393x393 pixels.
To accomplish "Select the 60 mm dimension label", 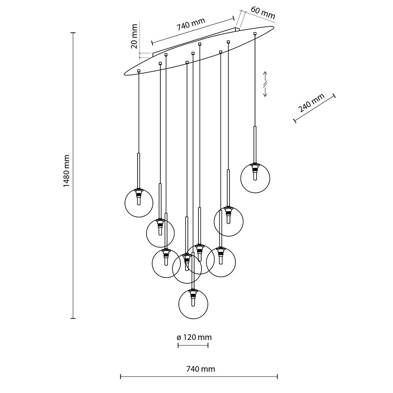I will (x=262, y=13).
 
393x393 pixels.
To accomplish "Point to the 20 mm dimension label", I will (x=134, y=36).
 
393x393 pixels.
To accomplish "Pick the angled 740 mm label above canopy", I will (x=191, y=26).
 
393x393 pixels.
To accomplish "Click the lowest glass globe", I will (x=193, y=305).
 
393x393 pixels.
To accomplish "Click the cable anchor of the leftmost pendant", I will (x=139, y=71).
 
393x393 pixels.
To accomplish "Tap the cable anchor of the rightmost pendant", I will (x=255, y=33).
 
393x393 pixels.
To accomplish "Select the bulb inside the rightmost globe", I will (x=255, y=175).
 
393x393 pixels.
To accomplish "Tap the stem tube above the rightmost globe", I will (x=255, y=144).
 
